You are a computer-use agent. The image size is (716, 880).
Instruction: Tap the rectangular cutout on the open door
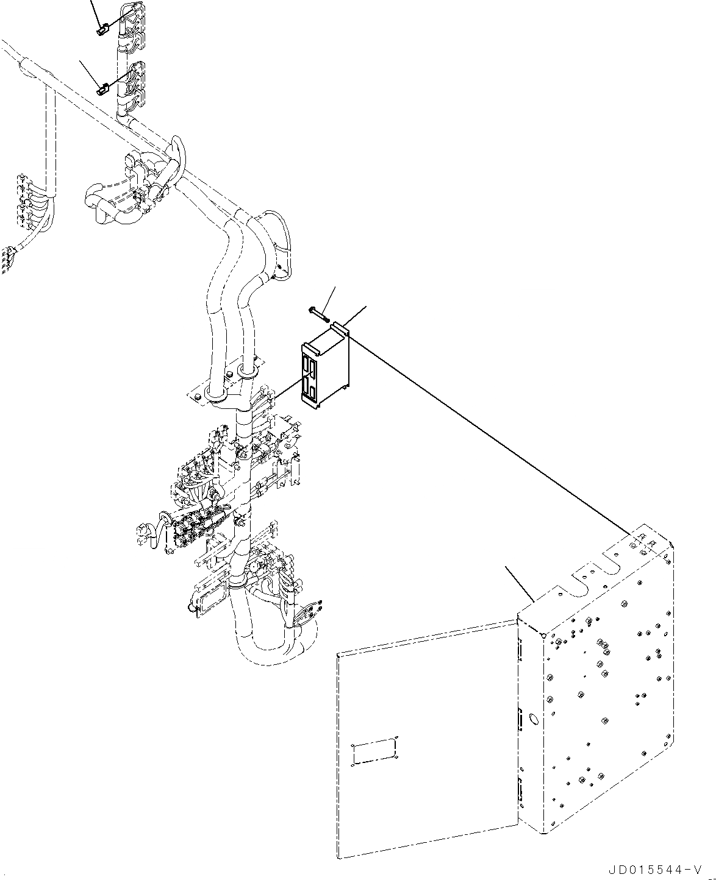coord(374,751)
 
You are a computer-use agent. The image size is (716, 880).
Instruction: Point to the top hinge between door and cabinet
coord(520,651)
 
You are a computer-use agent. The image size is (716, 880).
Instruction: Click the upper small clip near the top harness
coord(102,28)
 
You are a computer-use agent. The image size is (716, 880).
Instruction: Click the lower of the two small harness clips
coord(102,90)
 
